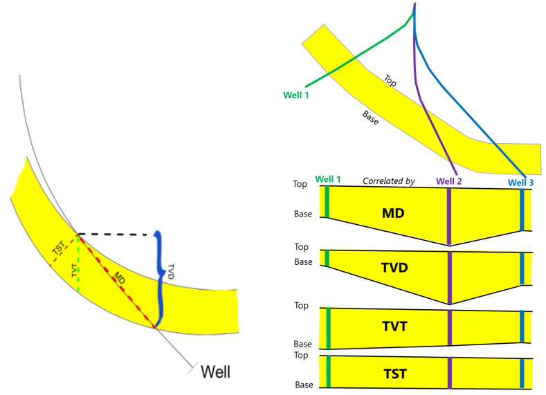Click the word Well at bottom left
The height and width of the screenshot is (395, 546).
coord(215,371)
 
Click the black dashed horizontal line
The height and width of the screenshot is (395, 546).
coord(114,235)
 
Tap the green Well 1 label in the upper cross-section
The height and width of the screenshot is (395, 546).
coord(298,94)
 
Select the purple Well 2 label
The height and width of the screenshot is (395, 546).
coord(449,181)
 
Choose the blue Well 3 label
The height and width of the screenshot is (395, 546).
coord(520,183)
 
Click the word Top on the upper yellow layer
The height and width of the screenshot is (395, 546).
coord(390,81)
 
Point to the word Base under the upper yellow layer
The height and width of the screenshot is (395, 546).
coord(370,118)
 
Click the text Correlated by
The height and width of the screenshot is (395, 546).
coord(388,181)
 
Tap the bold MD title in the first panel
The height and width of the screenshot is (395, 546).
coord(393,214)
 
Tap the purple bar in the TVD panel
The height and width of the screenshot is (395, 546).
coord(450,277)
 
